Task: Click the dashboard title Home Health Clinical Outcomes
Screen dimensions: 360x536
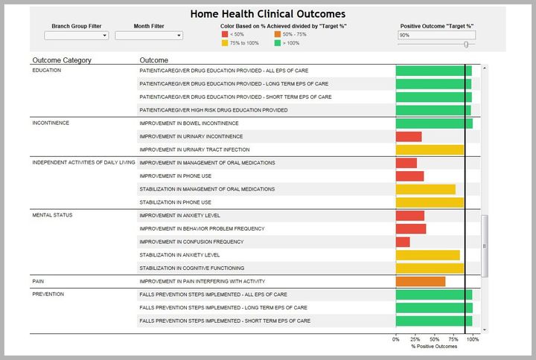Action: (267, 14)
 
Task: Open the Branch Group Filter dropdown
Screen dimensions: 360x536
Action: (77, 35)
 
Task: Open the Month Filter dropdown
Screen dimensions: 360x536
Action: (149, 35)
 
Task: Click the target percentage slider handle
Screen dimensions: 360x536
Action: (466, 44)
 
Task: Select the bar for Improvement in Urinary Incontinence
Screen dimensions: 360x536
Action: (409, 137)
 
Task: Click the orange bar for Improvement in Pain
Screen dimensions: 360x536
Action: (421, 281)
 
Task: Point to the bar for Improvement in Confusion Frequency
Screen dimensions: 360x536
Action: (403, 242)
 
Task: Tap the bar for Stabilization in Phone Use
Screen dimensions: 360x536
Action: (430, 202)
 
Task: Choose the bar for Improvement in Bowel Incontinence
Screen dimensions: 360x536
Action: (434, 123)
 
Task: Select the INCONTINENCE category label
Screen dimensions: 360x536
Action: (51, 123)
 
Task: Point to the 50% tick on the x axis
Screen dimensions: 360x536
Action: (434, 339)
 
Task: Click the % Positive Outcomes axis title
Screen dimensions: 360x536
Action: (434, 347)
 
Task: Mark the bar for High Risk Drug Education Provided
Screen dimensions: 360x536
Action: (433, 110)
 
